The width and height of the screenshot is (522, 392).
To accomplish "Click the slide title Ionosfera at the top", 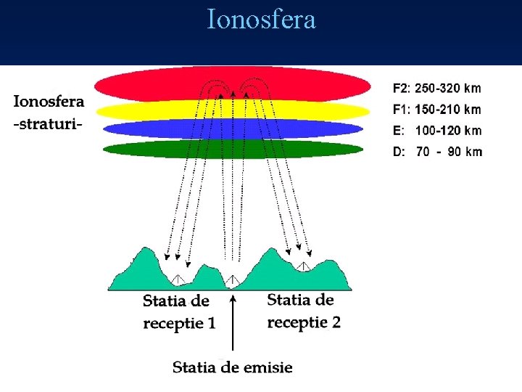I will pyautogui.click(x=261, y=20).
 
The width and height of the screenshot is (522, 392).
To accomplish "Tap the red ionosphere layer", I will pyautogui.click(x=145, y=86).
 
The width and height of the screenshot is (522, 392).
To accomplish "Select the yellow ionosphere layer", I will pyautogui.click(x=145, y=110).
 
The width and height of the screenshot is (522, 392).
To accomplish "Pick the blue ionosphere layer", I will pyautogui.click(x=145, y=129).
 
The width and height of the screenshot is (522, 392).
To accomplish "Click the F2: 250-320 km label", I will pyautogui.click(x=436, y=89).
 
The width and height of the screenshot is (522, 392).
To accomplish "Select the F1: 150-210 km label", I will pyautogui.click(x=436, y=110).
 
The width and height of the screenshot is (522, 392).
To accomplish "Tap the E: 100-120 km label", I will pyautogui.click(x=436, y=131).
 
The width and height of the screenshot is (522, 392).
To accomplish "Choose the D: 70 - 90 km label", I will pyautogui.click(x=436, y=152).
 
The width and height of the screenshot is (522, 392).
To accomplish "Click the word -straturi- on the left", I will pyautogui.click(x=48, y=123).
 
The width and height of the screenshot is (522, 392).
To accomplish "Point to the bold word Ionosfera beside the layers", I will pyautogui.click(x=49, y=102).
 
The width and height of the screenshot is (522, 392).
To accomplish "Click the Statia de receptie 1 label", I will pyautogui.click(x=178, y=312).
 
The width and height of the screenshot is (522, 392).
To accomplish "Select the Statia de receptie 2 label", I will pyautogui.click(x=304, y=311).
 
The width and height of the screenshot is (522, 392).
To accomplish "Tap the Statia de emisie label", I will pyautogui.click(x=232, y=367).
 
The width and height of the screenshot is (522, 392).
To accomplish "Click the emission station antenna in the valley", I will pyautogui.click(x=231, y=280).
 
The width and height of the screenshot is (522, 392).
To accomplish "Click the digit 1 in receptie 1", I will pyautogui.click(x=211, y=323).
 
